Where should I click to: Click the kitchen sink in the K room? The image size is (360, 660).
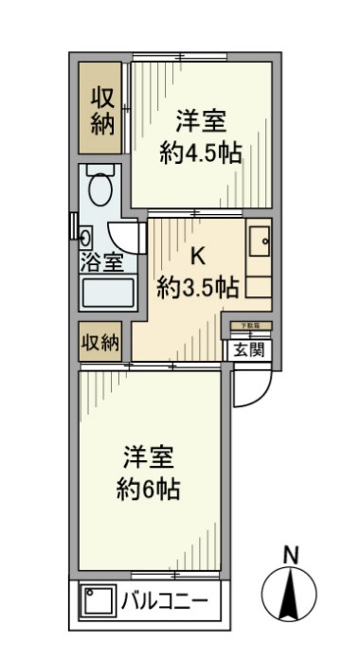coord(259,243)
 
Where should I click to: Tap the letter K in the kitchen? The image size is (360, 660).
coord(198,255)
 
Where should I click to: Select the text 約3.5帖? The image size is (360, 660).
coord(197,288)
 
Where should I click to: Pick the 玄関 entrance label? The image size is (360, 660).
coord(250,348)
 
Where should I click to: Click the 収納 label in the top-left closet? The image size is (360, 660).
coord(102,110)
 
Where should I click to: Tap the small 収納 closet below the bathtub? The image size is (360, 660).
coord(100,342)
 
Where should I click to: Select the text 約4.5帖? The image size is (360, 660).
coord(200,153)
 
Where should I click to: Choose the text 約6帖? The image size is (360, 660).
coord(149,490)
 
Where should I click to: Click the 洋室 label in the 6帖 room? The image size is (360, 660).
coord(149,456)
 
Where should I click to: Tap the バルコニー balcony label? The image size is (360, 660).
coord(162,600)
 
